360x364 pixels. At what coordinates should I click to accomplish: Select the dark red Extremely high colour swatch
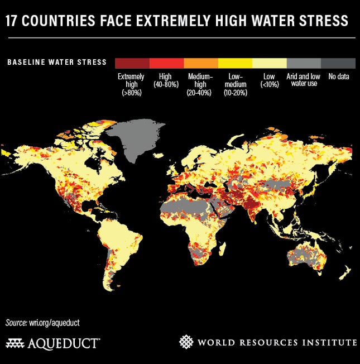(x=132, y=63)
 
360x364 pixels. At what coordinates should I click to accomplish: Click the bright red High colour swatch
(x=166, y=63)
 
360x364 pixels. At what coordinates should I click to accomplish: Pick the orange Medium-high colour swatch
(x=200, y=63)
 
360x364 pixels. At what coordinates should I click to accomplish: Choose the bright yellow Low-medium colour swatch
(x=235, y=63)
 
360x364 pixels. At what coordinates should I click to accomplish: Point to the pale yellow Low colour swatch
(x=270, y=63)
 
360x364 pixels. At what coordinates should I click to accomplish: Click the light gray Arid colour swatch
(x=304, y=63)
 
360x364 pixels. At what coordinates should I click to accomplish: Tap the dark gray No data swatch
(x=338, y=63)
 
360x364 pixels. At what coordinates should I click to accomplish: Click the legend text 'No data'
(x=338, y=76)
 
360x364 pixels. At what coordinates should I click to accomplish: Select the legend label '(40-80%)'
(x=166, y=84)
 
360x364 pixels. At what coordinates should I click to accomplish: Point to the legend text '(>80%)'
(x=131, y=93)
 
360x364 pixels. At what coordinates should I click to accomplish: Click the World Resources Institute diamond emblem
(x=186, y=341)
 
